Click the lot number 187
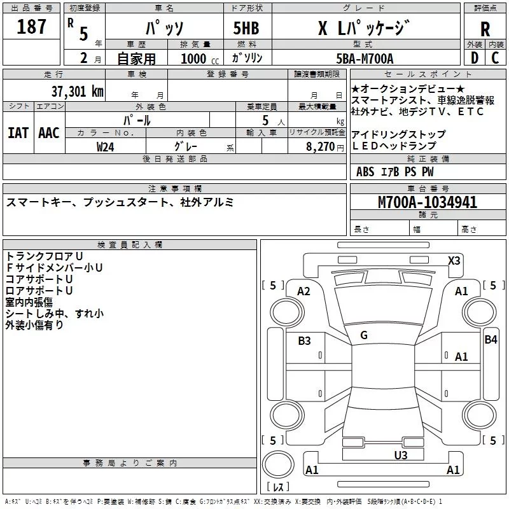tap(31, 27)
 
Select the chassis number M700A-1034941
tap(428, 202)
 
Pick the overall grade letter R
tap(485, 29)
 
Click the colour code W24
tap(106, 146)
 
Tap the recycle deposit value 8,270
tap(321, 146)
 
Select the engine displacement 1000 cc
tap(199, 59)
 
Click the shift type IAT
tap(18, 133)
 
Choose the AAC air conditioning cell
tap(48, 133)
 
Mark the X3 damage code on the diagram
tap(454, 260)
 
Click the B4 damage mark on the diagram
tap(490, 340)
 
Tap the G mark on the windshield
tap(364, 335)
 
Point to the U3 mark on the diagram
tap(400, 455)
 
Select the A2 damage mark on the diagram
tap(303, 291)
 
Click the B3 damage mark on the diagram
tap(305, 341)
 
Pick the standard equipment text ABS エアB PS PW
tap(394, 172)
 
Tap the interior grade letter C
tap(495, 59)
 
